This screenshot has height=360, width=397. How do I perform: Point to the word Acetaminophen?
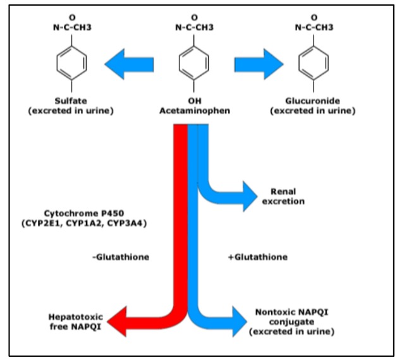[x=193, y=111]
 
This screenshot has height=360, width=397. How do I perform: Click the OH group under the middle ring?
[x=193, y=102]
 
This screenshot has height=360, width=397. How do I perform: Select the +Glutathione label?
[x=257, y=257]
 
